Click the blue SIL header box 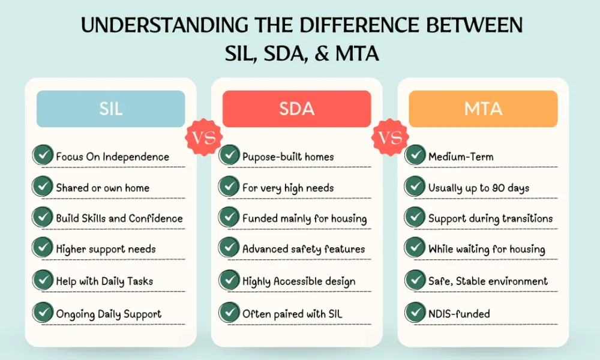[110, 109]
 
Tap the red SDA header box [296, 109]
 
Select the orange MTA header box [483, 109]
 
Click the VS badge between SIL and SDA [203, 137]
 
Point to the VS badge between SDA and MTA [390, 137]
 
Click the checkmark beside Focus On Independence [43, 155]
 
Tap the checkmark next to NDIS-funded [415, 313]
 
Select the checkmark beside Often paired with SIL [229, 313]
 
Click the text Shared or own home [103, 188]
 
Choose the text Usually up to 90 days [479, 188]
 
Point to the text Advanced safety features [304, 249]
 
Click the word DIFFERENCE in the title [359, 25]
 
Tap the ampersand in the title [322, 53]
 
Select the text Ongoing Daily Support [109, 314]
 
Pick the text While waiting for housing [487, 249]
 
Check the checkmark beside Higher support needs [43, 248]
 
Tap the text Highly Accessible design [299, 281]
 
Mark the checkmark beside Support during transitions [415, 217]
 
